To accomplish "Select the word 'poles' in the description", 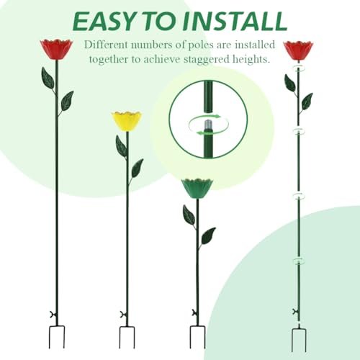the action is point(200,45).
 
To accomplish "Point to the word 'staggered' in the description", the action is point(207,59).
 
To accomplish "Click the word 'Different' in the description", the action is point(104,45).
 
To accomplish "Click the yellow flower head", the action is point(127,121).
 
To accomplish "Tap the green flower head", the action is point(197,189).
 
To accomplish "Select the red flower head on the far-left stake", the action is point(56,50).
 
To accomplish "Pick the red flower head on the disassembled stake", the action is point(298,50).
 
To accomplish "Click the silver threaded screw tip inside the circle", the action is point(207,125).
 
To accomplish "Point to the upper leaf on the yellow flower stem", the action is point(121,146).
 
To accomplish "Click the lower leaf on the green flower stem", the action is point(208,235).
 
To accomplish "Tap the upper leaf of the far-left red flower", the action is point(48,78).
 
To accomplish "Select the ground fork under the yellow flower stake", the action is point(127,337).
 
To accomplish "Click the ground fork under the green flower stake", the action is point(197,337).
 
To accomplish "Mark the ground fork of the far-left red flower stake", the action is point(57,337).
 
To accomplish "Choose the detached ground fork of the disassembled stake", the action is point(299,339).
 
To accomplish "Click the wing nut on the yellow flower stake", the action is point(123,314).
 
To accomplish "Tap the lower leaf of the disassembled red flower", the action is point(307,101).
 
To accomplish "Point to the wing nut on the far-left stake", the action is point(53,314).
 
